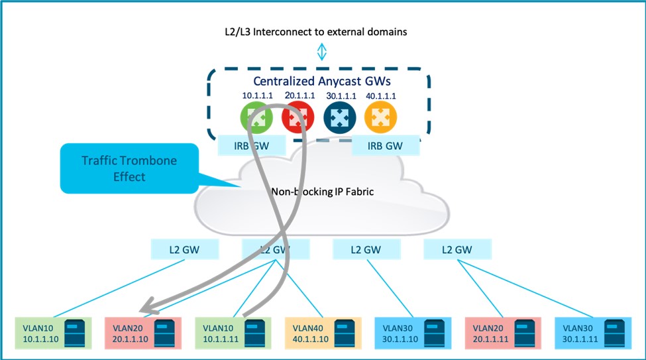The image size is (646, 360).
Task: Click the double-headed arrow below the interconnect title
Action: tap(322, 52)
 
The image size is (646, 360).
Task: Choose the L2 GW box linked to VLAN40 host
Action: tap(274, 250)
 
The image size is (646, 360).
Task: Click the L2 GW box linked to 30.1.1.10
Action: tap(365, 250)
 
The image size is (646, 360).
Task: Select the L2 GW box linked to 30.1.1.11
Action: tap(457, 250)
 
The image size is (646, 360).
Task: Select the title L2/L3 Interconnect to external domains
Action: tap(322, 31)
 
